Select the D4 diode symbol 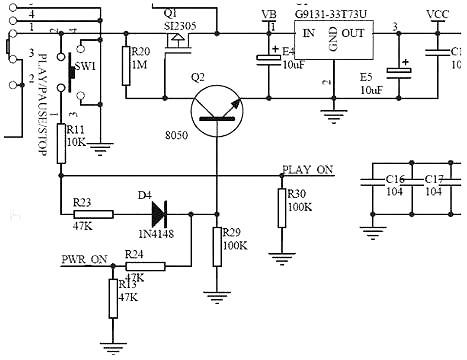click(158, 214)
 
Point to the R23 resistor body click(94, 214)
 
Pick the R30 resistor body click(281, 204)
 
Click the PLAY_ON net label click(308, 170)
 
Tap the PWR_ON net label click(84, 259)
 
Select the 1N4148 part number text click(157, 236)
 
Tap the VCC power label click(437, 15)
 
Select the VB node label click(268, 15)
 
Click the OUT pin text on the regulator click(354, 34)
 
